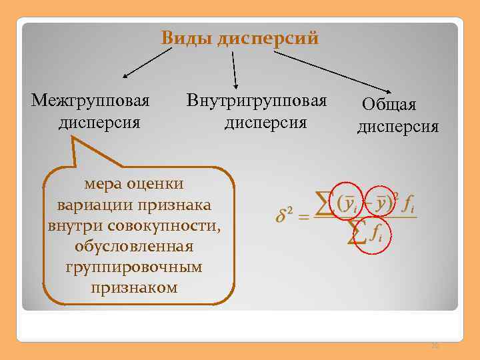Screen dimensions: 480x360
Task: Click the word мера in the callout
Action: pyautogui.click(x=103, y=184)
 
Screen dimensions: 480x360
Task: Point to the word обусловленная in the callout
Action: pyautogui.click(x=135, y=247)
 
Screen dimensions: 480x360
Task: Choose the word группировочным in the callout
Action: pyautogui.click(x=134, y=267)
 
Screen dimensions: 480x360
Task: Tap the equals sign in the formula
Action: pyautogui.click(x=303, y=217)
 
